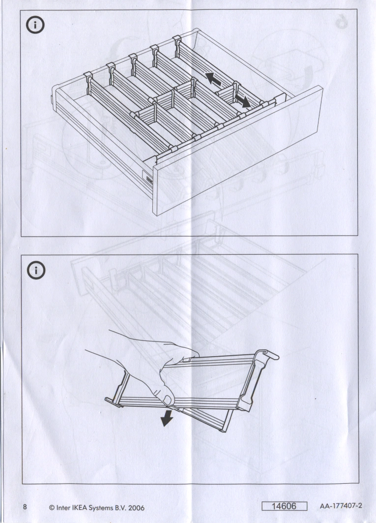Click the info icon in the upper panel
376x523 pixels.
point(35,26)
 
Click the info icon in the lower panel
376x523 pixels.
point(36,270)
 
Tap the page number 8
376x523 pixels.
point(25,507)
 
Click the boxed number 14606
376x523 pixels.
point(284,506)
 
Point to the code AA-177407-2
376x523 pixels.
point(341,506)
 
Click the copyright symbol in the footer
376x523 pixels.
point(52,508)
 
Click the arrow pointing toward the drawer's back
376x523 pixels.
point(213,78)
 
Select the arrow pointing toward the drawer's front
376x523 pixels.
point(242,101)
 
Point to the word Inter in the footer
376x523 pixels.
point(63,508)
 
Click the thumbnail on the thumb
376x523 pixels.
point(168,398)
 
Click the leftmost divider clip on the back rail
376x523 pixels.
point(88,78)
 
